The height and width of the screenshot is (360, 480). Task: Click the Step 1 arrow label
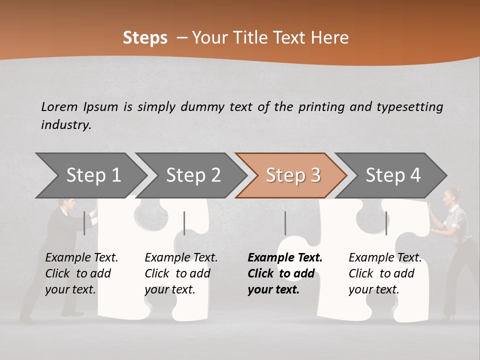point(93,175)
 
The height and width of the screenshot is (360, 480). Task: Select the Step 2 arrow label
point(193,175)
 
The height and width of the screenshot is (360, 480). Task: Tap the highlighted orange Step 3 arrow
point(293,175)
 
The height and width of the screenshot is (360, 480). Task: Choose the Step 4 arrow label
point(393,175)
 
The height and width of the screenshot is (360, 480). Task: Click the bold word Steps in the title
point(145,38)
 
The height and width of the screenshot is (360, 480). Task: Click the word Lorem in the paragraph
point(59,106)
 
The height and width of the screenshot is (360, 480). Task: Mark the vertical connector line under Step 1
point(84,223)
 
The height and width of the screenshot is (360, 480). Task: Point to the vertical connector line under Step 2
point(184,223)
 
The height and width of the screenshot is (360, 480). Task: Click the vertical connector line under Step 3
point(285,223)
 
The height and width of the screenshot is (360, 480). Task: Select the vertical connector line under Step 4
point(386,223)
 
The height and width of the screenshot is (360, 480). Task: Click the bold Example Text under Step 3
point(285,258)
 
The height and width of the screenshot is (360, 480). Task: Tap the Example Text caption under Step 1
point(81,258)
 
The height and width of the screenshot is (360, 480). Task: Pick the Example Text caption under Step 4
point(385,258)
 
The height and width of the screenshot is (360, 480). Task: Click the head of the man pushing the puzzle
point(68,205)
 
